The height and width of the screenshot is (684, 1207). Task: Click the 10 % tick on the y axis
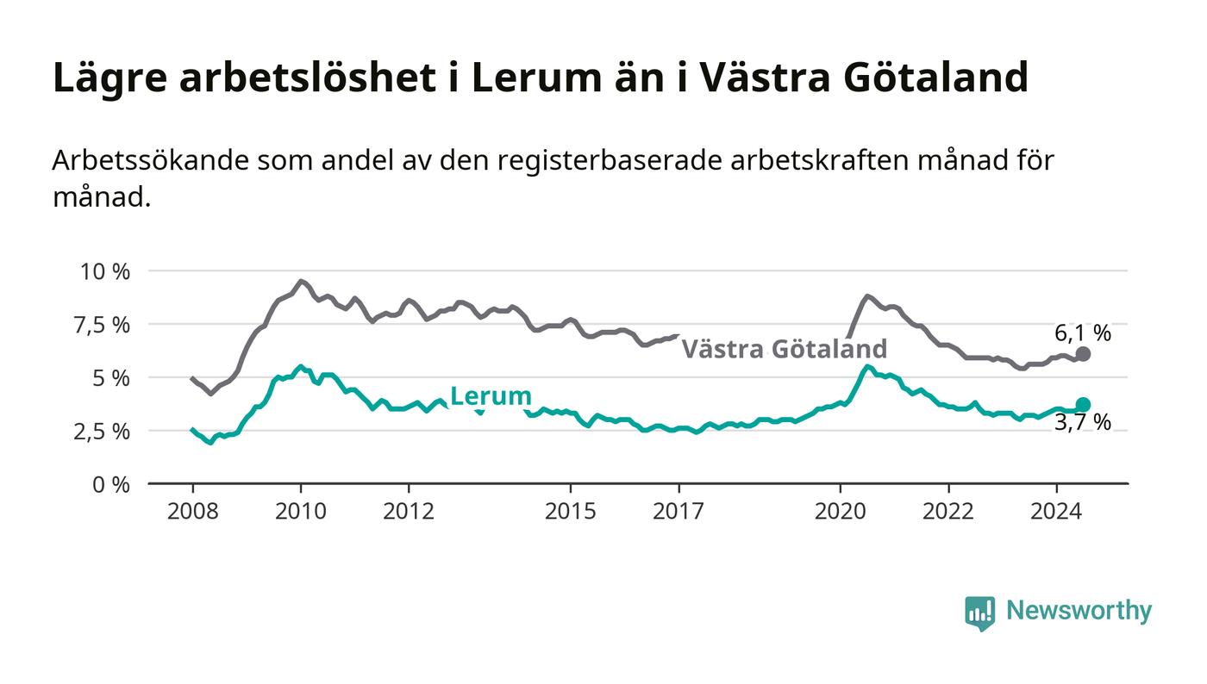pyautogui.click(x=105, y=271)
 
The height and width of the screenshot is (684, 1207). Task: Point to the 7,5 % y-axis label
pyautogui.click(x=103, y=326)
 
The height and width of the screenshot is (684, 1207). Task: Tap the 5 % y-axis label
pyautogui.click(x=111, y=379)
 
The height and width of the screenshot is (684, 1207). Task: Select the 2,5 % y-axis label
pyautogui.click(x=103, y=432)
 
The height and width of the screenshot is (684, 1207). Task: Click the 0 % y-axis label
pyautogui.click(x=111, y=485)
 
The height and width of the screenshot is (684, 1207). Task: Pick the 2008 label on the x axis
pyautogui.click(x=193, y=511)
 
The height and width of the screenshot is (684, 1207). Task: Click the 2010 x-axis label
pyautogui.click(x=301, y=511)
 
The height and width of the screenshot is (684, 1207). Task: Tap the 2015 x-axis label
pyautogui.click(x=571, y=511)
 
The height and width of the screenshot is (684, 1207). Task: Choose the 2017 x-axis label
pyautogui.click(x=679, y=511)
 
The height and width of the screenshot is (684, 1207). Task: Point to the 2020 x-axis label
pyautogui.click(x=840, y=511)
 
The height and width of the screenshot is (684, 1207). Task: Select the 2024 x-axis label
pyautogui.click(x=1056, y=511)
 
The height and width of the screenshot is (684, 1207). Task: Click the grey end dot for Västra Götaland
pyautogui.click(x=1083, y=354)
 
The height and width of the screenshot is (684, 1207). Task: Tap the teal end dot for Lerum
pyautogui.click(x=1083, y=405)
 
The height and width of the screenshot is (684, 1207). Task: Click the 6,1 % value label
pyautogui.click(x=1083, y=334)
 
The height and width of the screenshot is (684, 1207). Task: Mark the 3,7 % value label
pyautogui.click(x=1083, y=423)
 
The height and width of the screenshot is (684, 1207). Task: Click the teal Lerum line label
pyautogui.click(x=491, y=396)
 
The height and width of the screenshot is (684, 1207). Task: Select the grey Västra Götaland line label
pyautogui.click(x=785, y=349)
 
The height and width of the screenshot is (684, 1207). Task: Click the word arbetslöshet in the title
pyautogui.click(x=307, y=78)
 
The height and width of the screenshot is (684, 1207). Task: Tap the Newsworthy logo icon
pyautogui.click(x=979, y=612)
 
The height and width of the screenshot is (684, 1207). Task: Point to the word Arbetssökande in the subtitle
pyautogui.click(x=151, y=160)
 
